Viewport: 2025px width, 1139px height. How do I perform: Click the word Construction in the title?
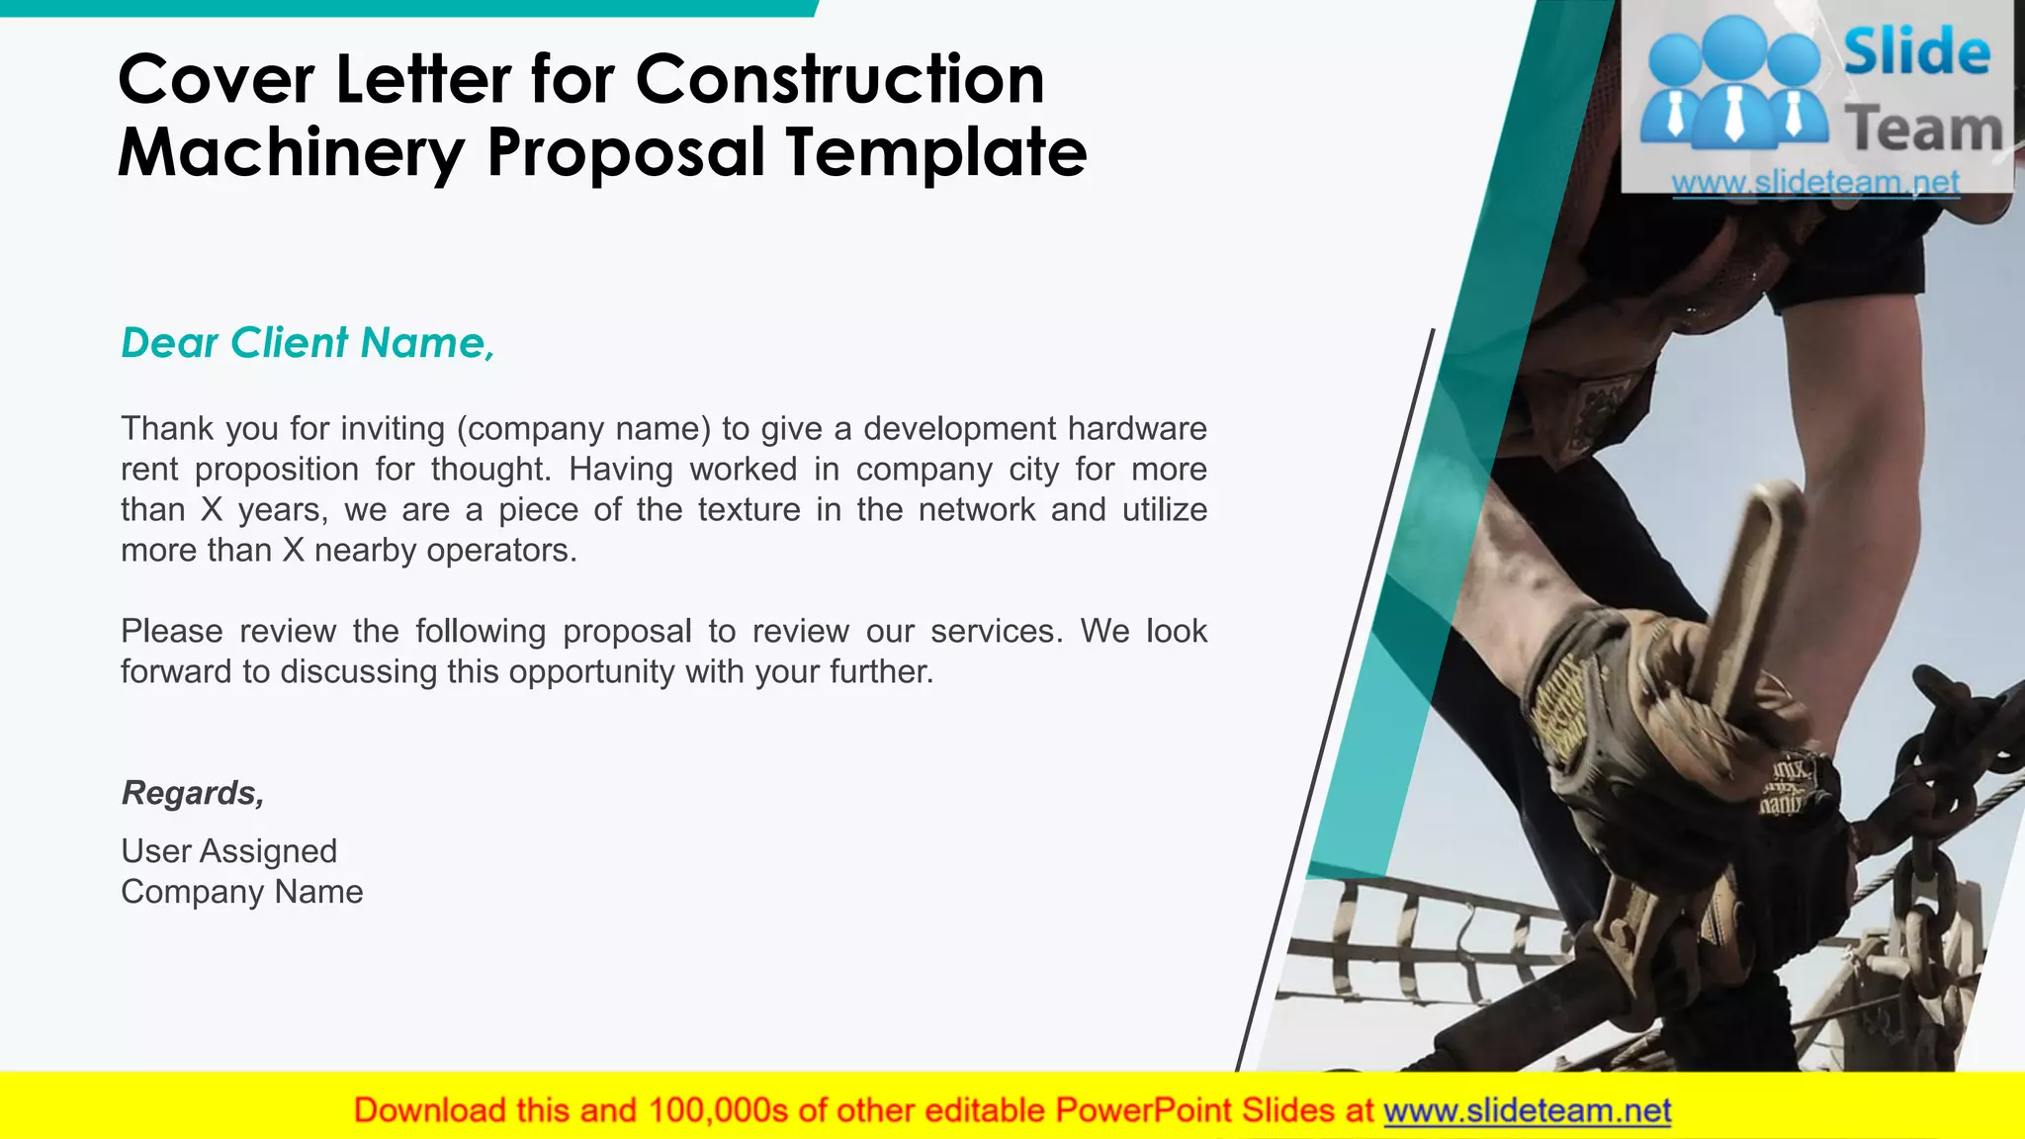click(x=839, y=79)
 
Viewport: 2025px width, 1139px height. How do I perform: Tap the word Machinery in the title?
click(x=291, y=153)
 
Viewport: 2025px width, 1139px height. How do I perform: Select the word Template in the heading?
click(x=935, y=153)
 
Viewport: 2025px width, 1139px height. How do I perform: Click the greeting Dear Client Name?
click(x=308, y=343)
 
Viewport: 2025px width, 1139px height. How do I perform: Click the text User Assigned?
click(x=228, y=851)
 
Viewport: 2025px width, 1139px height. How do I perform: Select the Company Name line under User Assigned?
click(x=241, y=892)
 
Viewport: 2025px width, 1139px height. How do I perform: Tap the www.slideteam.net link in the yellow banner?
click(x=1527, y=1111)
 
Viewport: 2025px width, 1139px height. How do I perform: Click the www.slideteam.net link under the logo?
click(x=1815, y=183)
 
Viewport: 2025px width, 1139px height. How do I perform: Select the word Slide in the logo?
click(x=1916, y=53)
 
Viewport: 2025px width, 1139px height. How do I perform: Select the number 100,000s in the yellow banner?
click(x=718, y=1111)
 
